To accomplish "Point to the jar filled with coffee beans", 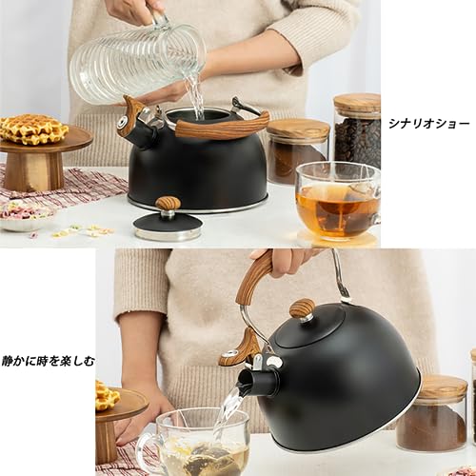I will [x=357, y=133].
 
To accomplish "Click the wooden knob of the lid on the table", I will [x=168, y=204].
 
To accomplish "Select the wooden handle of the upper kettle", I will [x=224, y=128].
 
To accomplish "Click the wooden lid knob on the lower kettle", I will [x=303, y=308].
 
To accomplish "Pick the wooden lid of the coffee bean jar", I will [x=357, y=103].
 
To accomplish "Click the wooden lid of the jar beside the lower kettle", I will [x=441, y=387].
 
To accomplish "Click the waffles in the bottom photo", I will [x=106, y=394].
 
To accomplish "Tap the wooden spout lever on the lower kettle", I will [x=238, y=347].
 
